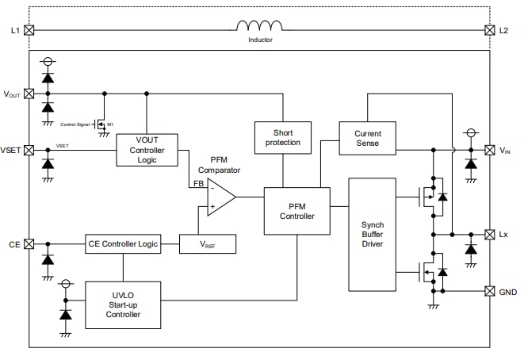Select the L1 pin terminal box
coord(29,30)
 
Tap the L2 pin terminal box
coord(489,30)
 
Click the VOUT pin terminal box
coord(29,93)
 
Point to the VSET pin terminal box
coord(29,150)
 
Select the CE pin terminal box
coord(29,244)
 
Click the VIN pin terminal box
coord(489,150)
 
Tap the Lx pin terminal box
coord(489,235)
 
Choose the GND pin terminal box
coord(489,291)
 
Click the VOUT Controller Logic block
coord(147,150)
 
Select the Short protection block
coord(282,138)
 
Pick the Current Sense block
coord(367,138)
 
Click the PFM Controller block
coord(296,211)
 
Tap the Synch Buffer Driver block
coord(372,235)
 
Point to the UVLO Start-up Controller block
coord(123,304)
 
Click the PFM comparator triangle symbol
coord(220,197)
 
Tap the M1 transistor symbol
coord(101,124)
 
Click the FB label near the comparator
coord(197,183)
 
